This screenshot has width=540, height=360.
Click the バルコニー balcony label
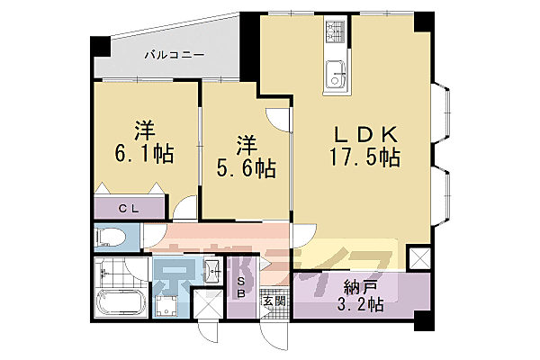[x=175, y=55]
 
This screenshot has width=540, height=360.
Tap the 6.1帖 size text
[x=143, y=153]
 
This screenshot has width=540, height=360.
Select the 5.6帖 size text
[x=245, y=166]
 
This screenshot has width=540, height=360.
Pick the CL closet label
[x=131, y=208]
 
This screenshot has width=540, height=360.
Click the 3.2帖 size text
[x=359, y=306]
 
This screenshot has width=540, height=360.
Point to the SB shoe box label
[x=240, y=286]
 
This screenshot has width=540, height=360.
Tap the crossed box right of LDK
[x=418, y=259]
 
